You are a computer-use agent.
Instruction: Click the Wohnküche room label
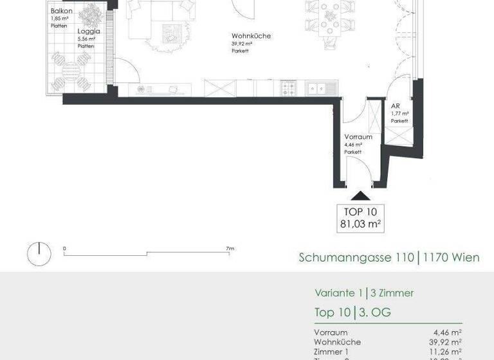pyautogui.click(x=252, y=36)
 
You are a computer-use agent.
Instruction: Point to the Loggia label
pyautogui.click(x=88, y=30)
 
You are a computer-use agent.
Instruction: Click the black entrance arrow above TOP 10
pyautogui.click(x=361, y=197)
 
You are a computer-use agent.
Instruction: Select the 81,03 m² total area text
pyautogui.click(x=361, y=224)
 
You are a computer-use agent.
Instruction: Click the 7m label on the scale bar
pyautogui.click(x=230, y=248)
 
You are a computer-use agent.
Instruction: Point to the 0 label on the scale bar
pyautogui.click(x=64, y=248)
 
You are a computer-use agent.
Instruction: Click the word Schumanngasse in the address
pyautogui.click(x=339, y=258)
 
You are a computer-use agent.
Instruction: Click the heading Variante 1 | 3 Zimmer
pyautogui.click(x=364, y=293)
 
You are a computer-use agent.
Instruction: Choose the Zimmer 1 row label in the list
pyautogui.click(x=332, y=352)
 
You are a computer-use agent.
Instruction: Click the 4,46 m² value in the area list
pyautogui.click(x=447, y=332)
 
